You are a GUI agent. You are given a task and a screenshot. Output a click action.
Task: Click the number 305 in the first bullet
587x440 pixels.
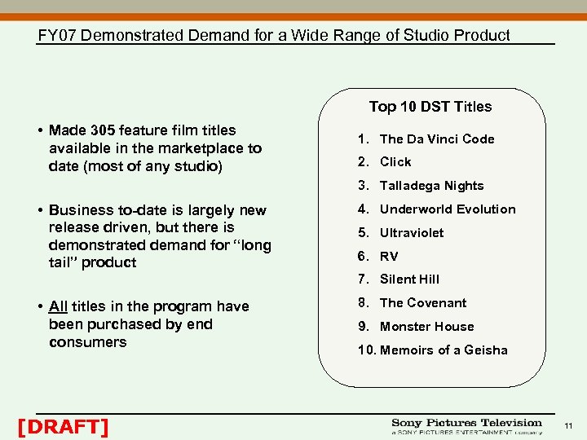(x=103, y=130)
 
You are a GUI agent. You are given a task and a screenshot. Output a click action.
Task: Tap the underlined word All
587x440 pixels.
(x=58, y=306)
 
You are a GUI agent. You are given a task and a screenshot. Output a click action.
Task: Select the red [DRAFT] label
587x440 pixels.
(x=63, y=426)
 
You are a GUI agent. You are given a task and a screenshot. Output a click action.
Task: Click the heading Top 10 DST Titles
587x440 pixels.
(x=430, y=107)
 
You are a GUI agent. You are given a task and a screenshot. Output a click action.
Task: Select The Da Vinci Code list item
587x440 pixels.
(x=437, y=139)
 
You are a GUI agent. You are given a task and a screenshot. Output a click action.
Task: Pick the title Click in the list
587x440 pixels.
(x=395, y=162)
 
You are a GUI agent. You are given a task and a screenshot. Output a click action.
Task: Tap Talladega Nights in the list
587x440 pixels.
(x=431, y=186)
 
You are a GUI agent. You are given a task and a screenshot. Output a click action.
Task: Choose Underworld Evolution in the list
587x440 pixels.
(x=448, y=209)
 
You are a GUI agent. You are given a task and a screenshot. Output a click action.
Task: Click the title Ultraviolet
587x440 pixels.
(x=412, y=233)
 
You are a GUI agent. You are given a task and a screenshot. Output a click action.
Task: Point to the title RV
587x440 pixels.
(x=389, y=257)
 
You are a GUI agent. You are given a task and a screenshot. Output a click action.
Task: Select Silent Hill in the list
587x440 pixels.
(x=409, y=279)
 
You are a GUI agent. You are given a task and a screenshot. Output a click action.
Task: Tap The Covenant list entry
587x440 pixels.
(x=423, y=303)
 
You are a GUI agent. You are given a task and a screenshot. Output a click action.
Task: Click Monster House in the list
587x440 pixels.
(x=426, y=327)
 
